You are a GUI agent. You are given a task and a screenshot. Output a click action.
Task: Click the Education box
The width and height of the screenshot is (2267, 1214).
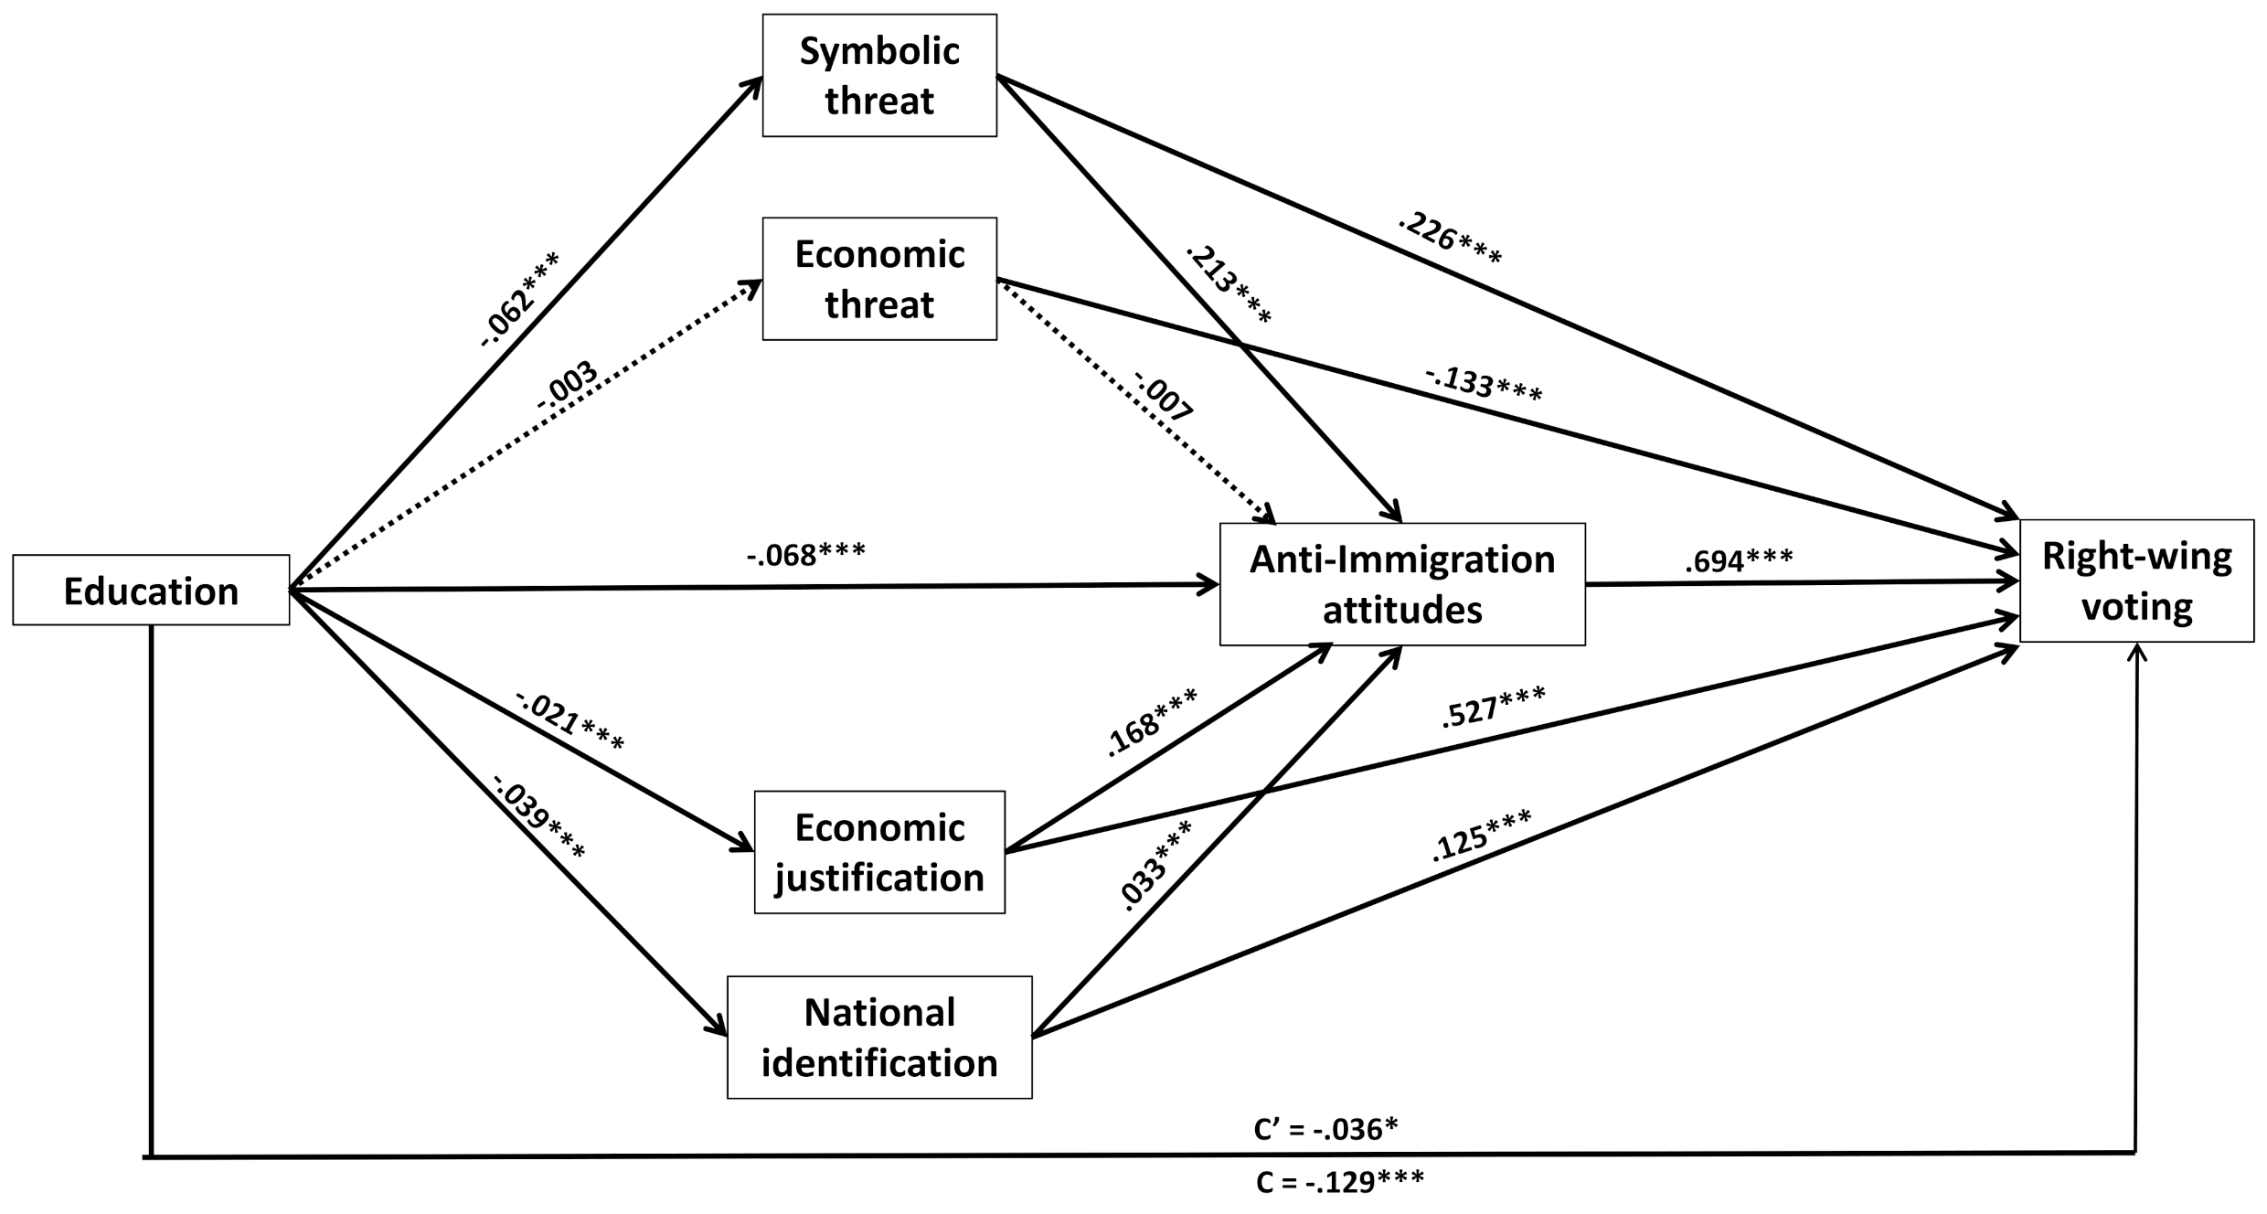pos(151,591)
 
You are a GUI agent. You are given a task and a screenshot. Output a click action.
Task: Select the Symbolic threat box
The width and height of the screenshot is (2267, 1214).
pos(879,76)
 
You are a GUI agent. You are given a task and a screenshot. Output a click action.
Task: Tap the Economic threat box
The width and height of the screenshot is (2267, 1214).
pos(879,279)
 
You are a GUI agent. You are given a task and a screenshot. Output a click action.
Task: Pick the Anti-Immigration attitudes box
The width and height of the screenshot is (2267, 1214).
pos(1402,584)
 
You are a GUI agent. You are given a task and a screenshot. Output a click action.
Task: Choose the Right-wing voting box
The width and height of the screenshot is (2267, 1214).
pos(2137,580)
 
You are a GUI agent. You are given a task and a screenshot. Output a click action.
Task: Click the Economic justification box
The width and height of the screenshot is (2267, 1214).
pos(879,852)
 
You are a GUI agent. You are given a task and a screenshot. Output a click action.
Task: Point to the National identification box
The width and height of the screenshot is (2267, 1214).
pos(879,1038)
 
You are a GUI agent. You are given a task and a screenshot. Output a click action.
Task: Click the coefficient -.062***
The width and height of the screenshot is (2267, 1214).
pos(519,299)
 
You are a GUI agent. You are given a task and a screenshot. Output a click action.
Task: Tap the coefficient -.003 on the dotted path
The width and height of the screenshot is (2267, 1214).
pos(567,387)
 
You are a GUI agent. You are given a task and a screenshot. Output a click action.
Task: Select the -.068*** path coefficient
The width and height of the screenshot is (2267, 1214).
pos(805,554)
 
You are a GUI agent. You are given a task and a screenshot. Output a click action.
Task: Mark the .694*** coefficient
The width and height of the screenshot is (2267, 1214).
pos(1739,560)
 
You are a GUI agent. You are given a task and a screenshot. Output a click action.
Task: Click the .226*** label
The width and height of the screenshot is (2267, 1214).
pos(1450,240)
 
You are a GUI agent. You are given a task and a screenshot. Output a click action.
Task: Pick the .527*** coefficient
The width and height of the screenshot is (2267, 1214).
pos(1494,708)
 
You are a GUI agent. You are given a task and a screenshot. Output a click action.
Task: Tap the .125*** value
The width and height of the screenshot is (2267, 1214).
pos(1482,835)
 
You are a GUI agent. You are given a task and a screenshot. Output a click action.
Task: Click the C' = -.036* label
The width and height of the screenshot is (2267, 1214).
pos(1325,1130)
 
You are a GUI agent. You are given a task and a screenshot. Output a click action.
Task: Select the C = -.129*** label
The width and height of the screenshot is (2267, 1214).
pos(1340,1182)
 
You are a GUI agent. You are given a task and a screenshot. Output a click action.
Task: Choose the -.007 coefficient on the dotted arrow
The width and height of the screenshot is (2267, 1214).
pos(1164,395)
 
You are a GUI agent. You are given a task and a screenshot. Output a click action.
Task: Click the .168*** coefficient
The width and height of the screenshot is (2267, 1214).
pos(1152,722)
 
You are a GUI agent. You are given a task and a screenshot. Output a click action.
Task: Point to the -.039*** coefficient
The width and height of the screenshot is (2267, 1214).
pos(539,817)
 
